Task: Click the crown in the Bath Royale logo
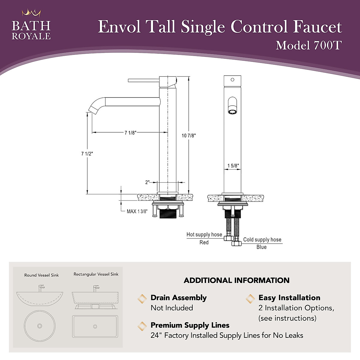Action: [x=31, y=13]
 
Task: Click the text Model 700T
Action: [x=309, y=46]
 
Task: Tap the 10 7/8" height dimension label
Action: [x=189, y=136]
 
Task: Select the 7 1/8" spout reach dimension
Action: [x=130, y=133]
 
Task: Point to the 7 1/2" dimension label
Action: [x=87, y=154]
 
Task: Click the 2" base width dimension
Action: [x=147, y=182]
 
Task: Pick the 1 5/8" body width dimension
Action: [x=233, y=166]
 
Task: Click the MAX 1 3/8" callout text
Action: [x=137, y=211]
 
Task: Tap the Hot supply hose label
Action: [x=204, y=235]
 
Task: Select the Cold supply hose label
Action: [x=262, y=240]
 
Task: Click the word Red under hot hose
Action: [x=204, y=242]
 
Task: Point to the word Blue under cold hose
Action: [x=261, y=247]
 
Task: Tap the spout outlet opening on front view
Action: [x=232, y=112]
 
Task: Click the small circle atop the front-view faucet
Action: [x=232, y=80]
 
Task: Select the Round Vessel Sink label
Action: [x=41, y=275]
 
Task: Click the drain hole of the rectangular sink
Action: [x=95, y=326]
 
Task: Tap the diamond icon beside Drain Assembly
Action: [x=142, y=298]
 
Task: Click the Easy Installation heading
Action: [x=289, y=298]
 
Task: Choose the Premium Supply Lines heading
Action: [x=190, y=325]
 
